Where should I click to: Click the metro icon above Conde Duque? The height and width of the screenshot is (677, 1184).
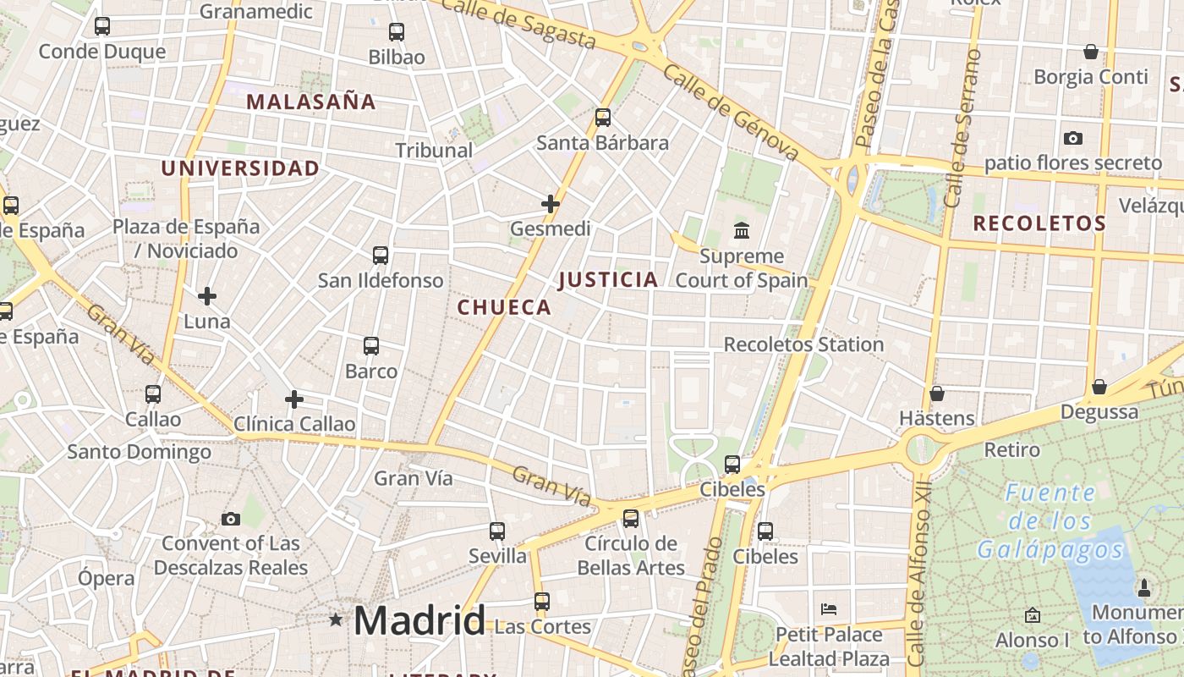pyautogui.click(x=102, y=26)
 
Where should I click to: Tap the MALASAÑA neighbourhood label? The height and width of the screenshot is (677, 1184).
pyautogui.click(x=310, y=102)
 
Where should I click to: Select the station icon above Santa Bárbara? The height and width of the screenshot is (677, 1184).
pyautogui.click(x=603, y=118)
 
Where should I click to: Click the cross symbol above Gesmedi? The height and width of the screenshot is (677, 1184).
pyautogui.click(x=551, y=204)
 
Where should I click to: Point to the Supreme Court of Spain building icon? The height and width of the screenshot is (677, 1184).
pyautogui.click(x=742, y=230)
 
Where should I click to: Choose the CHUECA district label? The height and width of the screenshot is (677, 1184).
pyautogui.click(x=505, y=307)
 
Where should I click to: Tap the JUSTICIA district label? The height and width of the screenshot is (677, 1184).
pyautogui.click(x=608, y=280)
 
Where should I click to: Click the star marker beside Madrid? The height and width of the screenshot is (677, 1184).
pyautogui.click(x=336, y=620)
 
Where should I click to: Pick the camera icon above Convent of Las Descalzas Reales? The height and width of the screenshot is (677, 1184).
pyautogui.click(x=230, y=519)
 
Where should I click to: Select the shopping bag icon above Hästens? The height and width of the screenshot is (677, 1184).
pyautogui.click(x=936, y=394)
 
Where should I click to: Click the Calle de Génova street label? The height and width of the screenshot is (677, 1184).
pyautogui.click(x=731, y=113)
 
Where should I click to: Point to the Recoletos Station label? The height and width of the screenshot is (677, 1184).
pyautogui.click(x=803, y=344)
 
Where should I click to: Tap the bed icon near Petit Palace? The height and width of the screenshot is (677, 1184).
pyautogui.click(x=829, y=609)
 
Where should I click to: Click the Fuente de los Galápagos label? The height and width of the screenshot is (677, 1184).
pyautogui.click(x=1051, y=521)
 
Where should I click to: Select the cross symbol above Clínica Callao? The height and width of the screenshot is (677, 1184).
pyautogui.click(x=294, y=399)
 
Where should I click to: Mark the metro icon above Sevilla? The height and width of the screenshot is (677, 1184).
pyautogui.click(x=497, y=531)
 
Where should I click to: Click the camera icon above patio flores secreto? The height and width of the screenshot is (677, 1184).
pyautogui.click(x=1072, y=138)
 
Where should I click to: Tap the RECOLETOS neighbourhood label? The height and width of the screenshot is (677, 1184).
pyautogui.click(x=1039, y=223)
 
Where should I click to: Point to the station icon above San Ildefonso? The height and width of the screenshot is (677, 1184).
pyautogui.click(x=381, y=255)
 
